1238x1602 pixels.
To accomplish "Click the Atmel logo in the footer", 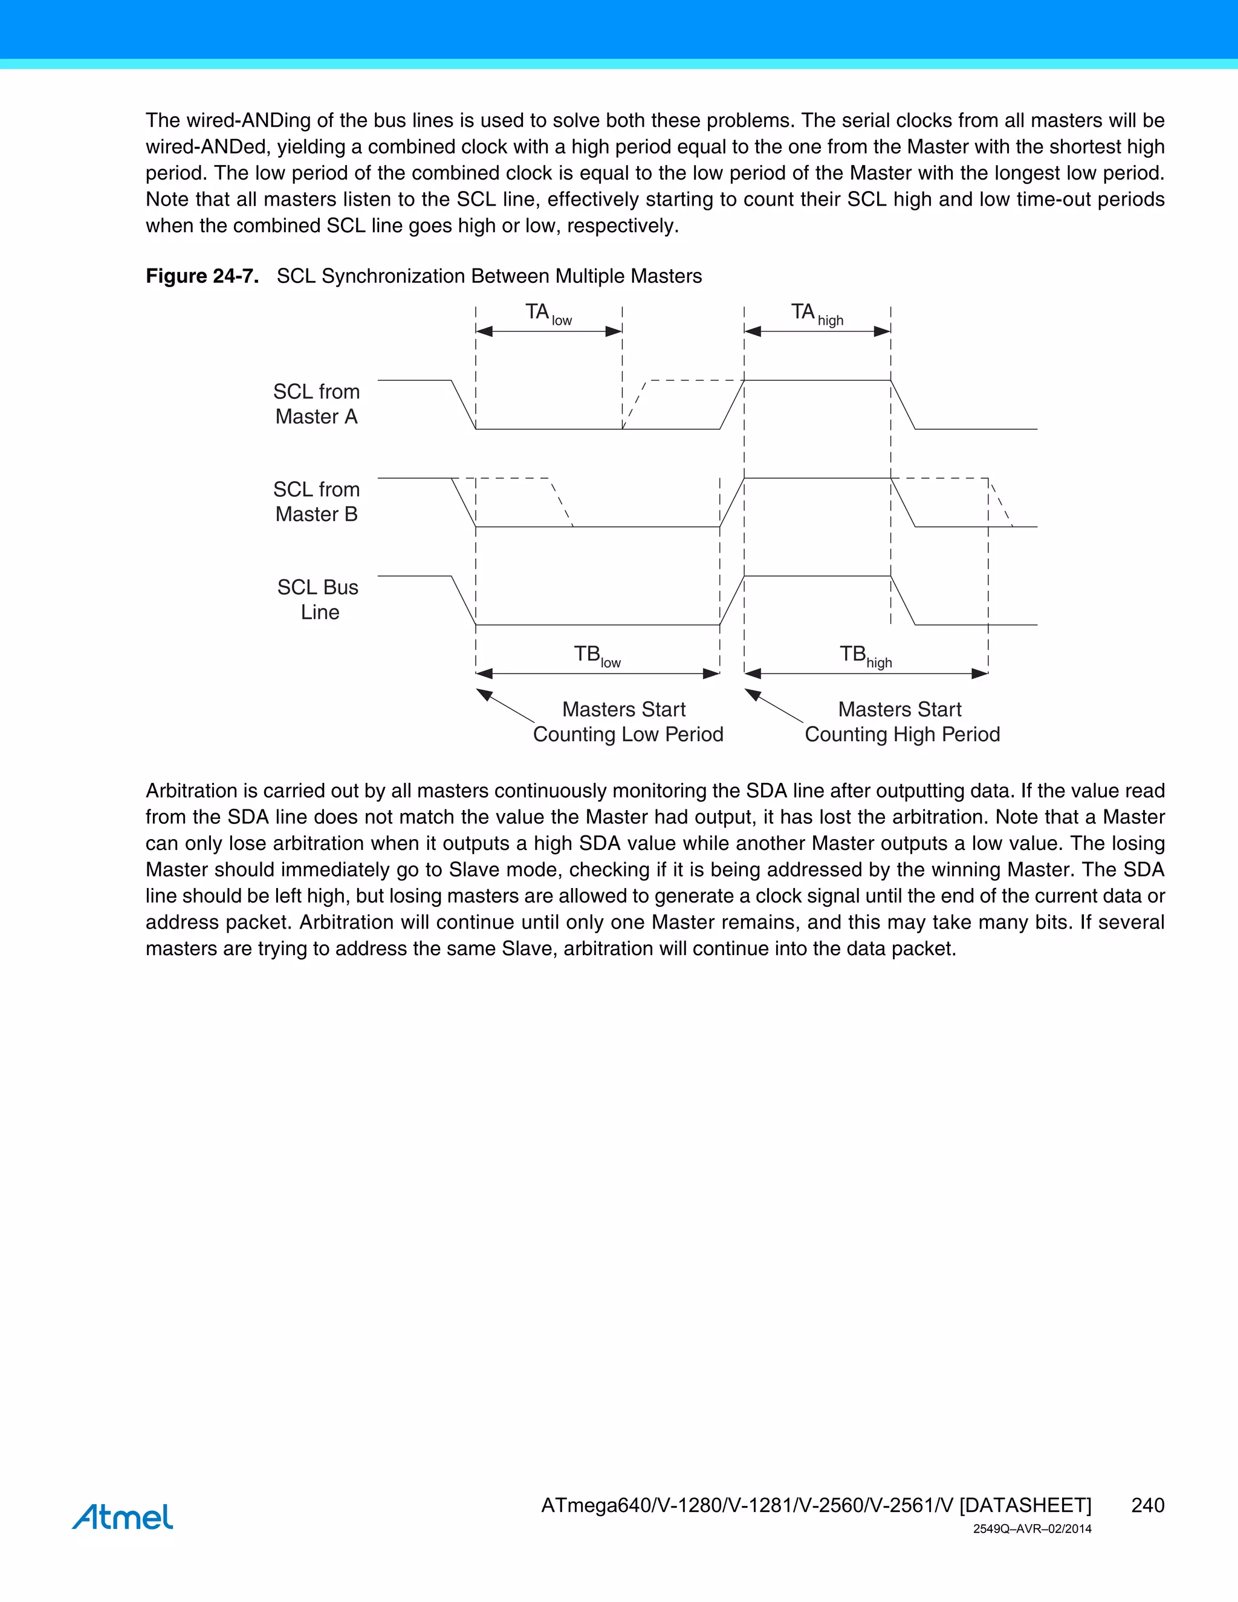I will tap(123, 1517).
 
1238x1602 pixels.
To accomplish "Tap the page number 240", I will tap(1147, 1505).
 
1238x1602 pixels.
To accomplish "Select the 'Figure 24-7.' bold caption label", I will tap(202, 276).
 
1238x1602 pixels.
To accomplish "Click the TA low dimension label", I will tap(548, 313).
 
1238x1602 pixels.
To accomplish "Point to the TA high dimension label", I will tap(816, 313).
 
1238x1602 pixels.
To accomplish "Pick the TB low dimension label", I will tap(596, 655).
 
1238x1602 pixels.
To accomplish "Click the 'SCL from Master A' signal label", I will tap(316, 404).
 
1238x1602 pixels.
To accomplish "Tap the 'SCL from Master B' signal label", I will tap(316, 502).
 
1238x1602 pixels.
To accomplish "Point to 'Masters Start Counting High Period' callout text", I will tap(901, 722).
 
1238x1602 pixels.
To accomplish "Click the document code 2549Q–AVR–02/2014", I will tap(1032, 1529).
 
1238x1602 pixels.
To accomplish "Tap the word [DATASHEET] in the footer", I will tap(1025, 1505).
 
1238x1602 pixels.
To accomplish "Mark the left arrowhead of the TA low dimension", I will tap(484, 331).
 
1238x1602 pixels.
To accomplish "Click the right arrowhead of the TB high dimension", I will tap(980, 673).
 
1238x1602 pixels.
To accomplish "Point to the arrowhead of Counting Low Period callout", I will tap(484, 693).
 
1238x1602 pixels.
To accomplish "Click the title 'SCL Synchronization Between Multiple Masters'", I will tap(488, 276).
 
